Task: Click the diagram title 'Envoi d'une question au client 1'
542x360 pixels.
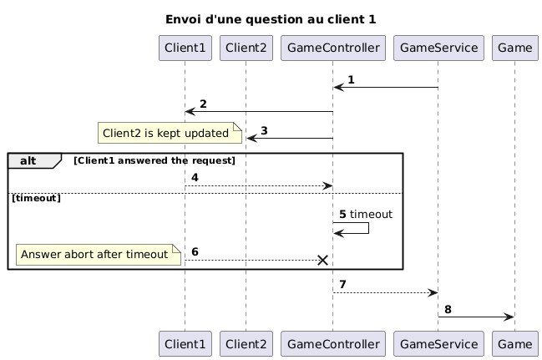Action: [271, 18]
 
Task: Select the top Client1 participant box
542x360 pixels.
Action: [185, 48]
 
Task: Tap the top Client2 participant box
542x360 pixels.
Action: [246, 48]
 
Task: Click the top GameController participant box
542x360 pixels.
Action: [332, 48]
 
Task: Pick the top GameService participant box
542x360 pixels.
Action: [438, 48]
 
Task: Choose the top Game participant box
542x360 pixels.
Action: [514, 48]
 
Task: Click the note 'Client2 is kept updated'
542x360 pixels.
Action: [170, 133]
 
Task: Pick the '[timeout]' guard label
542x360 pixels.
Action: [37, 198]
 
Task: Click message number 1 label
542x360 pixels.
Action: [351, 80]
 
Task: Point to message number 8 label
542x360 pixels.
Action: [448, 310]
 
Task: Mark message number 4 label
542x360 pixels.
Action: [195, 178]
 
